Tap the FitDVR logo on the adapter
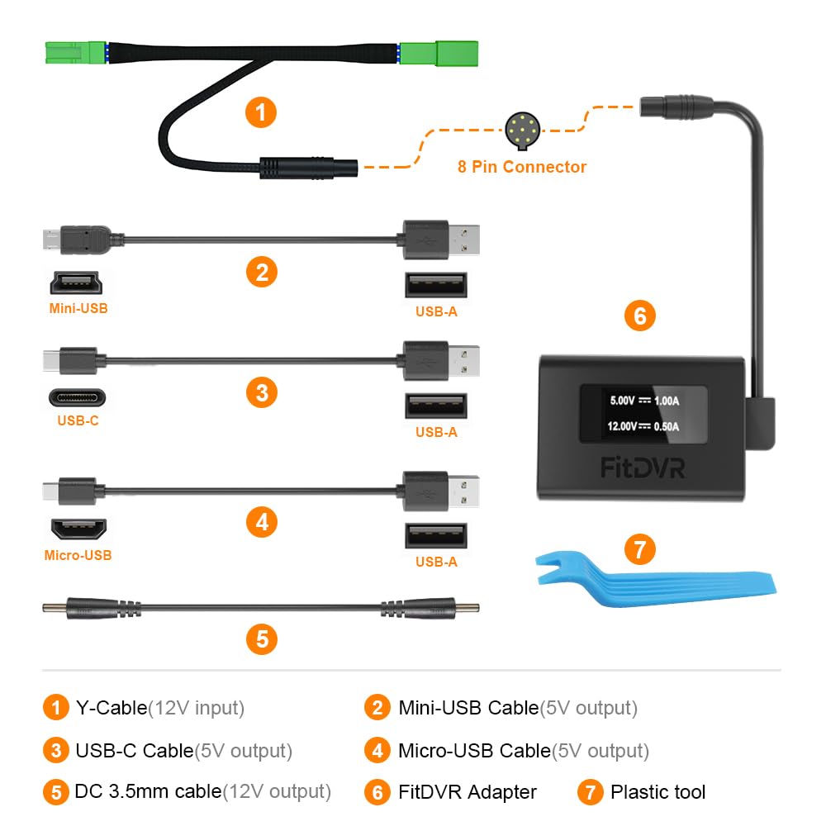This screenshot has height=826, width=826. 642,468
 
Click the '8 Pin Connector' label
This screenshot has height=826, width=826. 522,167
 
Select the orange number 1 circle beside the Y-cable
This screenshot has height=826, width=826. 261,112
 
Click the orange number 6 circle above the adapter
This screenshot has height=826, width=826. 639,316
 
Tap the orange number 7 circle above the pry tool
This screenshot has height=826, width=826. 638,549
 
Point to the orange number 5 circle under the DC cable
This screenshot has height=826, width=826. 261,638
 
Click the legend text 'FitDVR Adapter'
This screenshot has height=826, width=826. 468,792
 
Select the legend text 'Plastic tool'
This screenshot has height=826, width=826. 657,792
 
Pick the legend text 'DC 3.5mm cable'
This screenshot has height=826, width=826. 148,791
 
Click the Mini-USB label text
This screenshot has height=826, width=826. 78,309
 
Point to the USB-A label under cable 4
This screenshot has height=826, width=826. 436,562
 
